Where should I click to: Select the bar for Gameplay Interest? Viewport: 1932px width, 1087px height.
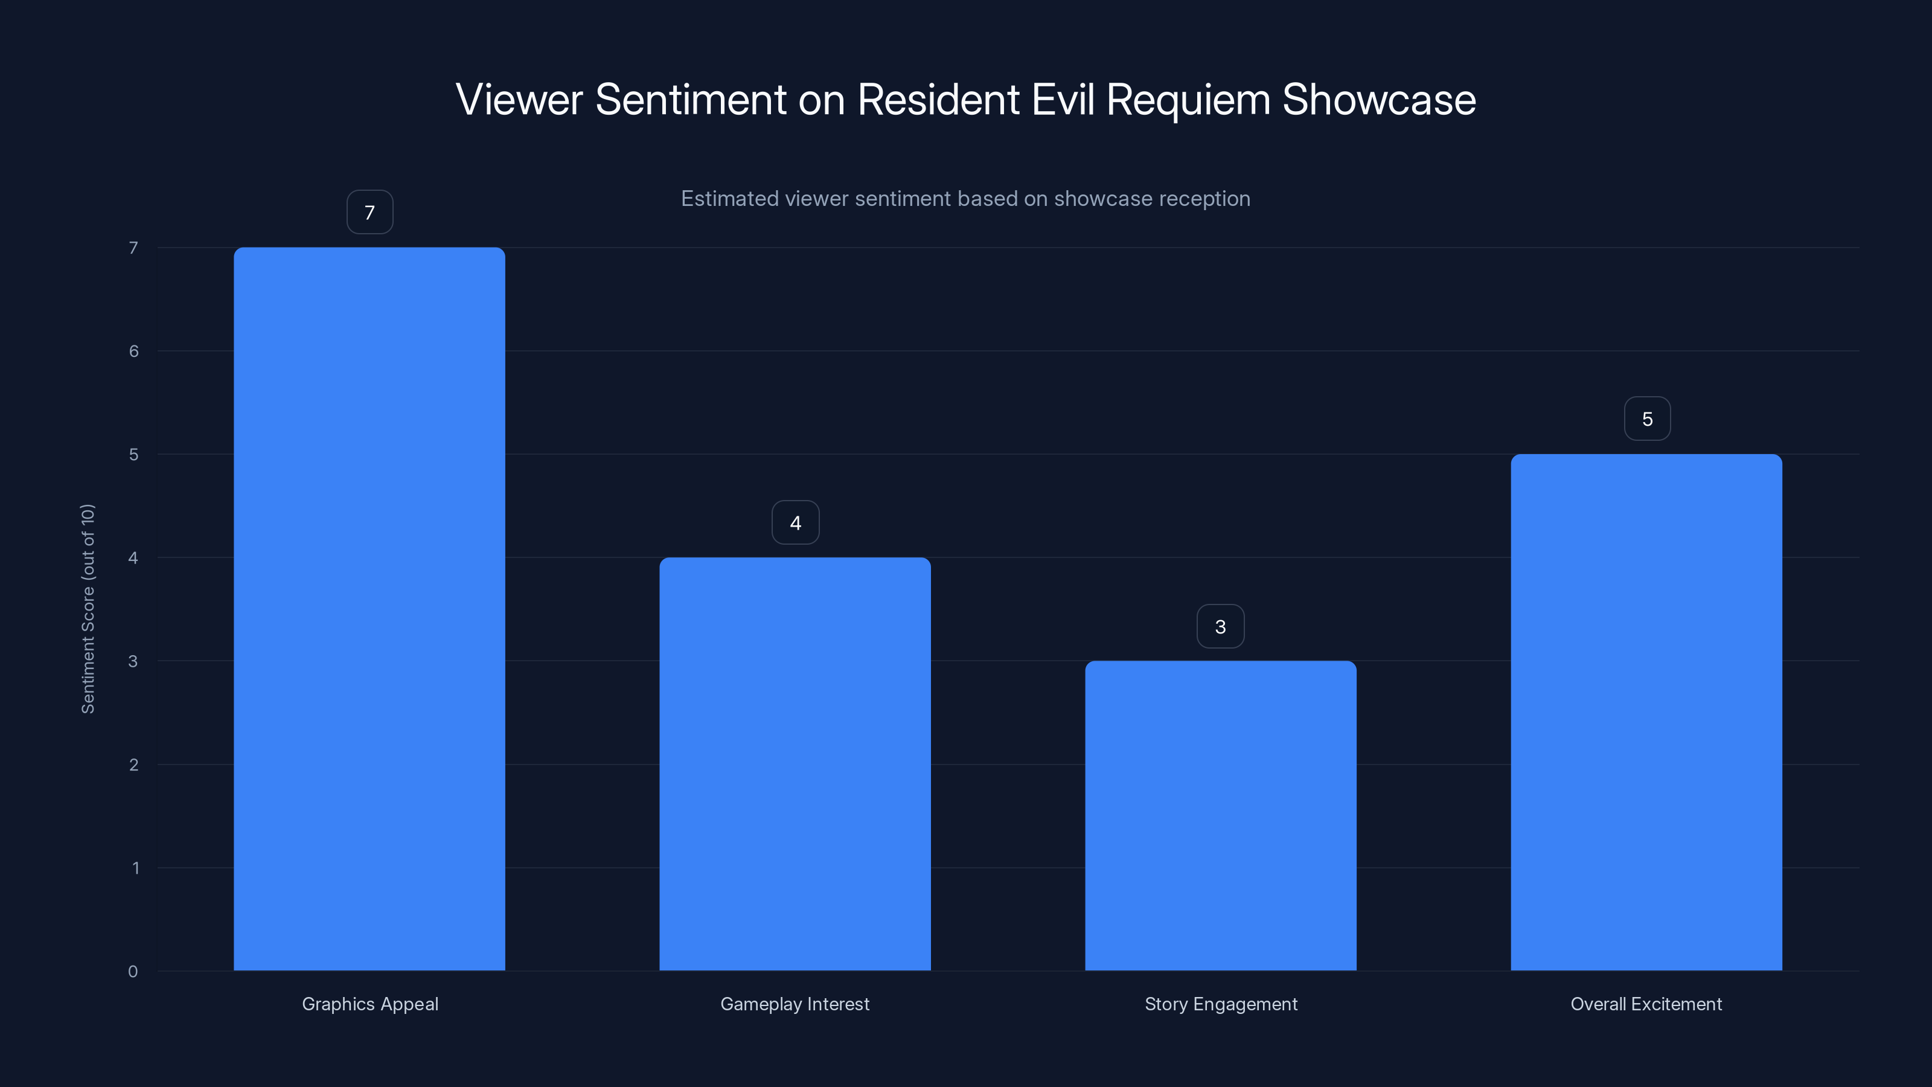point(795,764)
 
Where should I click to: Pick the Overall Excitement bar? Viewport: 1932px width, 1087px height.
point(1646,712)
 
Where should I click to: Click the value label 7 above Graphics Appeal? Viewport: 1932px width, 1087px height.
point(369,213)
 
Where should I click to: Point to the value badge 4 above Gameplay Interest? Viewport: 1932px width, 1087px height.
point(795,523)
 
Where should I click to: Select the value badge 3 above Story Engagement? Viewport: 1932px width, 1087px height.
point(1220,626)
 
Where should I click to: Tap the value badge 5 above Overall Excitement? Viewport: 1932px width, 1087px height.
point(1647,418)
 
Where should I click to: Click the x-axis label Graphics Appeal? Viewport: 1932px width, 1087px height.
point(369,1004)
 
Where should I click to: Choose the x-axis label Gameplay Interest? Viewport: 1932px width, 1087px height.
point(795,1004)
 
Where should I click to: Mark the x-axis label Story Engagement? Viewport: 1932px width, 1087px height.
point(1221,1004)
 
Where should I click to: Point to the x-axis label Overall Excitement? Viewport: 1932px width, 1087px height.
point(1646,1004)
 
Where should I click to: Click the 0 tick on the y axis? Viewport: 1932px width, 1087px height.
point(133,972)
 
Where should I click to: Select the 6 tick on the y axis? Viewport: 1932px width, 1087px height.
point(133,351)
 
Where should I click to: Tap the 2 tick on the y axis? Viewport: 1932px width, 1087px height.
point(133,765)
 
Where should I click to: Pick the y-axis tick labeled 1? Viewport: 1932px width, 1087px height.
point(135,868)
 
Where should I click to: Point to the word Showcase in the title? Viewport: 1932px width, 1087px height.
point(1378,100)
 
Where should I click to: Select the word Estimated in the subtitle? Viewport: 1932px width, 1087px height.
point(729,199)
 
